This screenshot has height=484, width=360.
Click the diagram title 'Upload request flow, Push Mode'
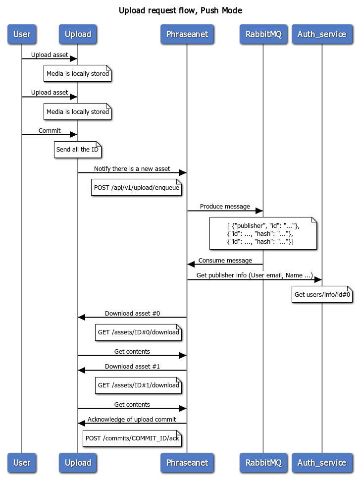tap(180, 10)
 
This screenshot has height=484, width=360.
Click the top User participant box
tap(22, 34)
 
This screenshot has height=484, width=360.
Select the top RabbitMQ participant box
tap(263, 34)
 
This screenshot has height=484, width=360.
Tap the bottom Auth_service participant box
tap(322, 462)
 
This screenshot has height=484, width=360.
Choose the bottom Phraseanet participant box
tap(187, 462)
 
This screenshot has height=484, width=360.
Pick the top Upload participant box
tap(78, 34)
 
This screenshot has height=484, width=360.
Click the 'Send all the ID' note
tap(77, 150)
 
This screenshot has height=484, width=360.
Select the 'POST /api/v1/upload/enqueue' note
tap(136, 187)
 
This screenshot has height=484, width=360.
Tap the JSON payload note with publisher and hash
tap(263, 233)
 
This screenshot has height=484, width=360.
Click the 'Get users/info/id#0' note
tap(322, 294)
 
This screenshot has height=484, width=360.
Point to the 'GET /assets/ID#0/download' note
tap(138, 332)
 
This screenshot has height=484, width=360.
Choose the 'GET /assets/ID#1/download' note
tap(138, 385)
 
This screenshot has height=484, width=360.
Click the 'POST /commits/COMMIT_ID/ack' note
tap(132, 438)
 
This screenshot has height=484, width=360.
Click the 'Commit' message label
tap(50, 131)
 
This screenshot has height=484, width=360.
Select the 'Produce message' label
tap(225, 207)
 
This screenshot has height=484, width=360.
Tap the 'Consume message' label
tap(225, 261)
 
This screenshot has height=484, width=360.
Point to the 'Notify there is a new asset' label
tap(132, 169)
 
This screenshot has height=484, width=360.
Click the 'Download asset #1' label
tap(132, 367)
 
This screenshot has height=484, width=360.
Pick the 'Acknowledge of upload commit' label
tap(132, 420)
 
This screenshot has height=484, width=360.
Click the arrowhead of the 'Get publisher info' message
tap(318, 280)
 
